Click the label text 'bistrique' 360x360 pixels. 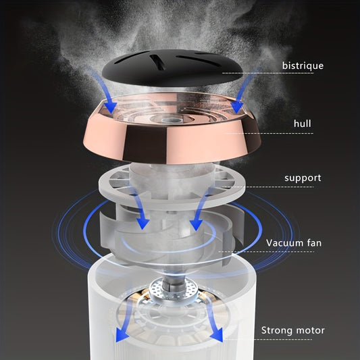[x=303, y=66]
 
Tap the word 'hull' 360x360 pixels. [x=303, y=124]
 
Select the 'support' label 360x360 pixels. [x=303, y=178]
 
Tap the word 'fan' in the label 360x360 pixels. [x=314, y=242]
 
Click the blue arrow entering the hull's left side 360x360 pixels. [x=103, y=90]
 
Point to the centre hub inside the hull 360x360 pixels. [x=167, y=120]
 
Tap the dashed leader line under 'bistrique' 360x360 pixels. [x=267, y=73]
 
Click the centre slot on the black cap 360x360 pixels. [x=159, y=62]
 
